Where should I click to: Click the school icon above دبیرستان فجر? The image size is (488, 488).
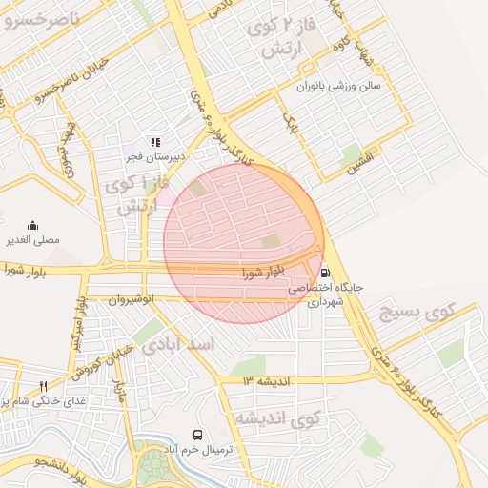click(155, 142)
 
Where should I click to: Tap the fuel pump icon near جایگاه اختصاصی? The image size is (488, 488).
click(326, 271)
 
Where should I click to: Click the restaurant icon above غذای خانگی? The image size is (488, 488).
click(43, 386)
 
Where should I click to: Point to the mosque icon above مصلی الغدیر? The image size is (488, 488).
click(33, 226)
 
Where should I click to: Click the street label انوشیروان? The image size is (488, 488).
click(130, 299)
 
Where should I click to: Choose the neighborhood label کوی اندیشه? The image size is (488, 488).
click(276, 419)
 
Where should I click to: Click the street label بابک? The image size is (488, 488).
click(289, 119)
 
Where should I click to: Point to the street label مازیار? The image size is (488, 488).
click(120, 391)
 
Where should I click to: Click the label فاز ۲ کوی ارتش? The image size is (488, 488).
click(276, 37)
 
